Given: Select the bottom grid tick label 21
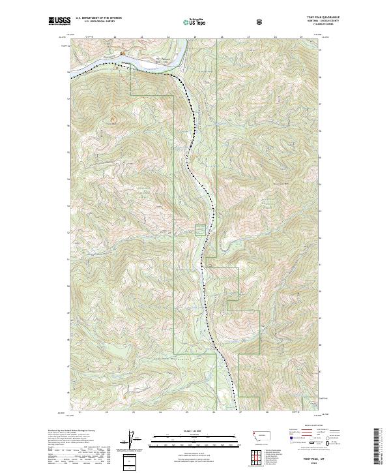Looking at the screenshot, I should point(79,412).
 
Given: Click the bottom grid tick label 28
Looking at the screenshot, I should point(267,412).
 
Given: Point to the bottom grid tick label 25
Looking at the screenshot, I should point(186,412).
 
